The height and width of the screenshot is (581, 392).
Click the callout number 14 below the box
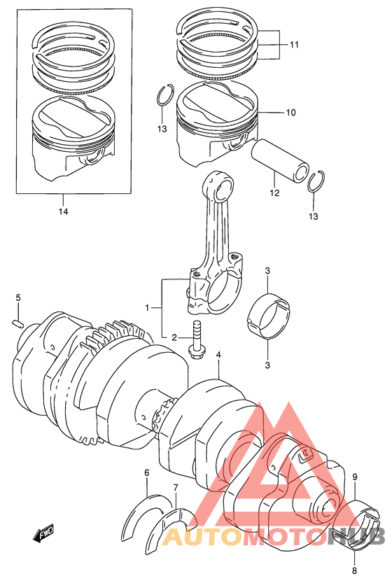pyautogui.click(x=64, y=211)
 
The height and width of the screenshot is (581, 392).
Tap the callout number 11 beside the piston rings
pyautogui.click(x=294, y=45)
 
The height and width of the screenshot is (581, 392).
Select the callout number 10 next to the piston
pyautogui.click(x=291, y=112)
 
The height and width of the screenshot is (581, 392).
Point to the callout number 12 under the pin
pyautogui.click(x=274, y=193)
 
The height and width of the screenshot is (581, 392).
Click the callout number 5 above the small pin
pyautogui.click(x=18, y=298)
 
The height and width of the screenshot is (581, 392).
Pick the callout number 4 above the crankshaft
pyautogui.click(x=218, y=355)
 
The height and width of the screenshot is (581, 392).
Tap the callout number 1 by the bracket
pyautogui.click(x=147, y=307)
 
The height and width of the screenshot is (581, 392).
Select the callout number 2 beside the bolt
pyautogui.click(x=174, y=337)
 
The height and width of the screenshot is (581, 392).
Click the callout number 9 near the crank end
pyautogui.click(x=355, y=477)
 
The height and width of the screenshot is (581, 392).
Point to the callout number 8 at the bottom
pyautogui.click(x=355, y=571)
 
